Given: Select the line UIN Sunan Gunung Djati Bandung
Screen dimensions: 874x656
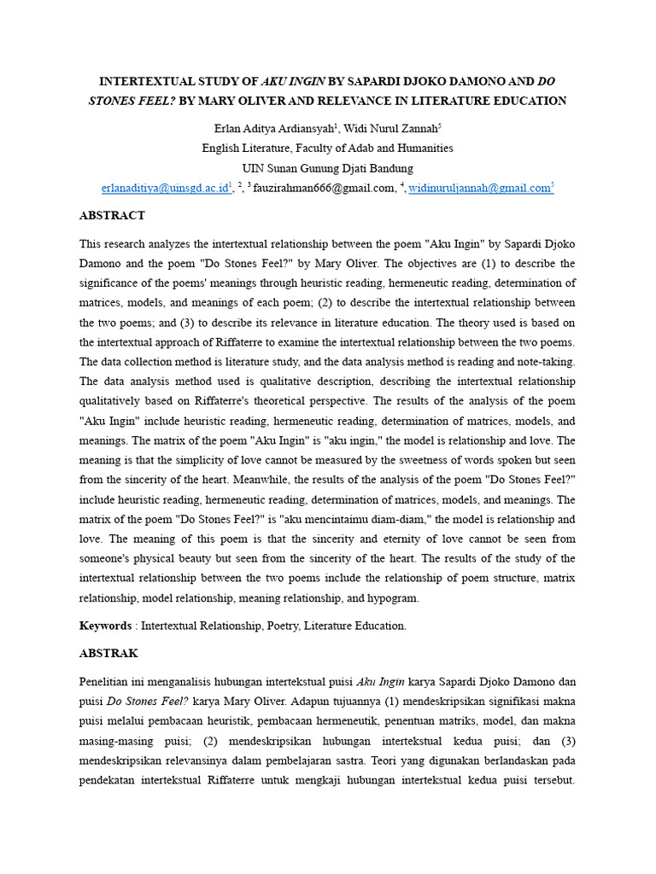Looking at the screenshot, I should point(327,168).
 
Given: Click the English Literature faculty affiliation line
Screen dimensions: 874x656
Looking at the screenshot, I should point(327,149).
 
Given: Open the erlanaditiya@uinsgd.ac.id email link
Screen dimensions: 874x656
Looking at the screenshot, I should point(166,189).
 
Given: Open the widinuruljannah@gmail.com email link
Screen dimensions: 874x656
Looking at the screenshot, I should point(479,189).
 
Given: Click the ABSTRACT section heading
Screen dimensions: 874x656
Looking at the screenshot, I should point(112,216).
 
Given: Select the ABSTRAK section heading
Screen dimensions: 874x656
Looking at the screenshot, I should point(108,654).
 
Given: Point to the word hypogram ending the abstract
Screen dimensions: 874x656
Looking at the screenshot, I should point(393,598).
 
